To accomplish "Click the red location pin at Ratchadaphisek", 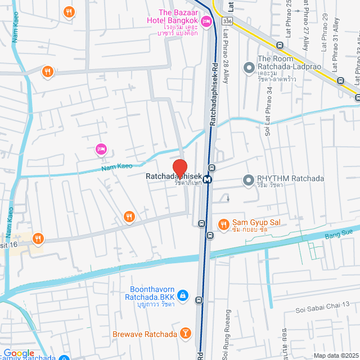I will click(179, 169).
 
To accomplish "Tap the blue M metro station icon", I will click(208, 179).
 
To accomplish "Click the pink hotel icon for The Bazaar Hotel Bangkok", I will click(206, 22).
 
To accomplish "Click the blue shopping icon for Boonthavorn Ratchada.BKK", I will click(183, 295).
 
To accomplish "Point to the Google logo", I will click(19, 353).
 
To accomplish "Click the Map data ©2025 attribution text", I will click(335, 355).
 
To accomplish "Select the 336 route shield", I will click(226, 21).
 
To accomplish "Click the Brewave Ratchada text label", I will click(145, 334).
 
